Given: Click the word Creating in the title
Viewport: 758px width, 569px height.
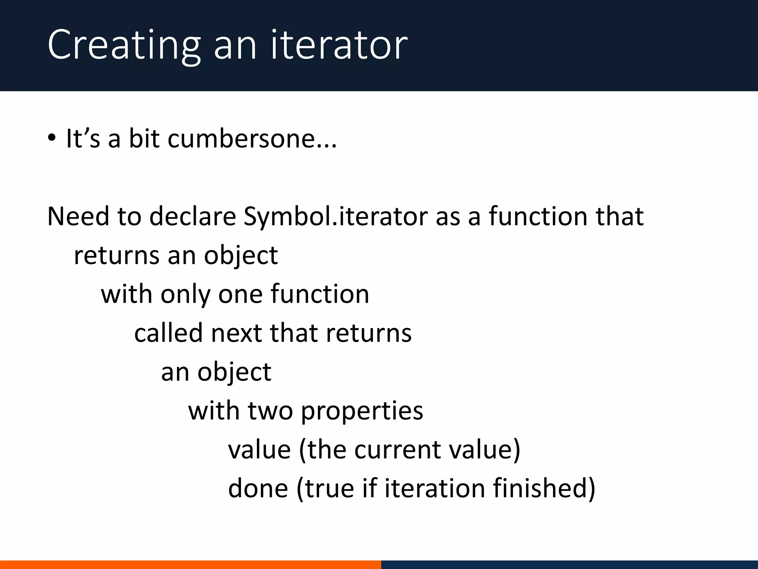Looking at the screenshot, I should [124, 45].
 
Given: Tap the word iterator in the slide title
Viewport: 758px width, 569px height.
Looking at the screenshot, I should [339, 45].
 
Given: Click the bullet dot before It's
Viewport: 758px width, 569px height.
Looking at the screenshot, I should [52, 138].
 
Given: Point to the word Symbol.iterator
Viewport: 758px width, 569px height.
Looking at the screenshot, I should [335, 216].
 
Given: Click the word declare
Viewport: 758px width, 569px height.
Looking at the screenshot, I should [192, 216].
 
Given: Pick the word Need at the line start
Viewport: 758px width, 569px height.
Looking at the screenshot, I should [78, 216].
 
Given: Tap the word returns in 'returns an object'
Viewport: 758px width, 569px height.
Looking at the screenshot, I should [117, 256].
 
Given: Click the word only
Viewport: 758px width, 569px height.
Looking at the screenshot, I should [185, 295].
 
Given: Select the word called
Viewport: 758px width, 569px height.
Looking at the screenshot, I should [168, 333].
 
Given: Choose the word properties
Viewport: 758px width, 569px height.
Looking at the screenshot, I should [362, 411].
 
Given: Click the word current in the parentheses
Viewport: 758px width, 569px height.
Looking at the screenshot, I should [398, 450].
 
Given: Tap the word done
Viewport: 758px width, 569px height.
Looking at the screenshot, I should [258, 488].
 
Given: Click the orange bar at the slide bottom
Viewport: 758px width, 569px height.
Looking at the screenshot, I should [190, 565].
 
